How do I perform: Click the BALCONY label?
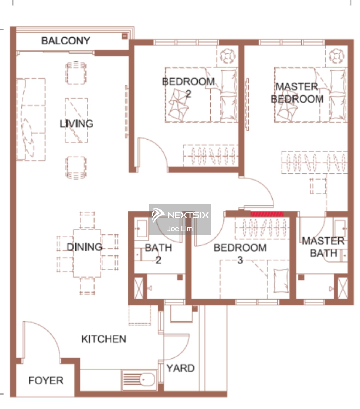(x=66, y=41)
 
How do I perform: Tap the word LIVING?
(x=77, y=124)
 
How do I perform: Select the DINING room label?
(x=84, y=247)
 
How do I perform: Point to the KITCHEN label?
(x=104, y=339)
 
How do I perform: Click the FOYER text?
(x=46, y=381)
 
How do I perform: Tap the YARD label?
(x=180, y=368)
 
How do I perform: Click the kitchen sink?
(x=139, y=380)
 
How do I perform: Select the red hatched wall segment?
(x=267, y=214)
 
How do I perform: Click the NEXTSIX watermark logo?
(x=180, y=215)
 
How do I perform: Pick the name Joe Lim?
(x=180, y=229)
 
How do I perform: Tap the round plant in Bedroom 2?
(x=228, y=56)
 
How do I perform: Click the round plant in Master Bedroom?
(x=337, y=56)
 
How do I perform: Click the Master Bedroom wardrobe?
(x=314, y=162)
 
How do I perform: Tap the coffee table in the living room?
(x=77, y=120)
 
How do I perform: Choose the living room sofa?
(x=31, y=119)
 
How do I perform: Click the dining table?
(x=87, y=253)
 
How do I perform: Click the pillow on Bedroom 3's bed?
(x=281, y=281)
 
